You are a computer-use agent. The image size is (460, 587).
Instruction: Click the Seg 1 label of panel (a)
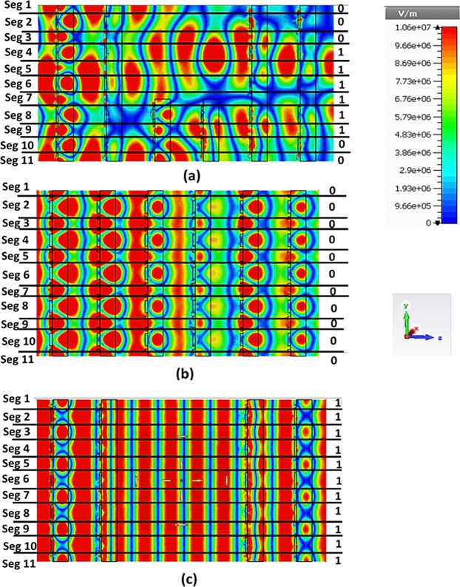pyautogui.click(x=18, y=7)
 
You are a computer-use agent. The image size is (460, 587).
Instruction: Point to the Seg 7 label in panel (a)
pyautogui.click(x=18, y=98)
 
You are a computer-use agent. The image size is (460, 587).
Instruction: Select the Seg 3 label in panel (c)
pyautogui.click(x=18, y=432)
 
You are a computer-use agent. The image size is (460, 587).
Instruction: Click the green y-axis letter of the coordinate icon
pyautogui.click(x=405, y=305)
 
